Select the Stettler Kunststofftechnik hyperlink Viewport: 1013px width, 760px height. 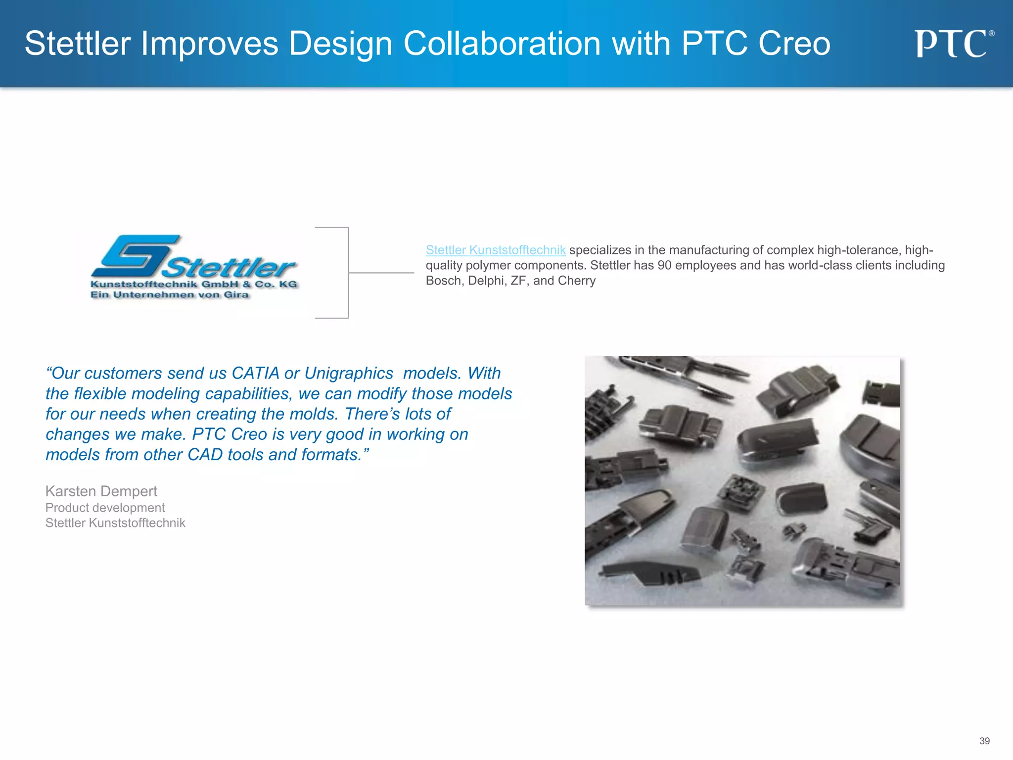(x=496, y=250)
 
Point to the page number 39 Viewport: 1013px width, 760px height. (x=984, y=741)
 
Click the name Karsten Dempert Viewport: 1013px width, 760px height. (x=101, y=491)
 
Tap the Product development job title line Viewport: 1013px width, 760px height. (x=105, y=508)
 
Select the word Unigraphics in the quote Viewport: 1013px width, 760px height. (x=349, y=373)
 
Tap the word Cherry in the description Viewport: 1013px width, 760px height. (x=576, y=281)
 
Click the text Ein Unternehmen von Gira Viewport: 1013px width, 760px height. (x=169, y=295)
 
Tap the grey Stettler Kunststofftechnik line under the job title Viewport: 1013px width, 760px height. (x=115, y=523)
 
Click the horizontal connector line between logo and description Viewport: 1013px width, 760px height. (x=381, y=273)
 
